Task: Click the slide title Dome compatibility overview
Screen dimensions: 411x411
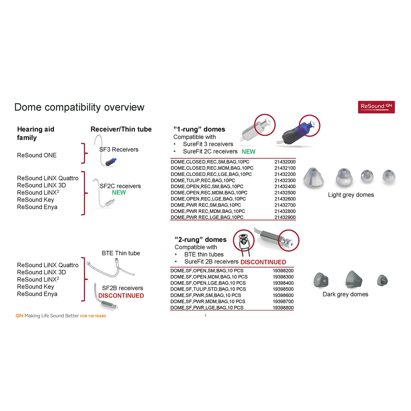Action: click(x=79, y=107)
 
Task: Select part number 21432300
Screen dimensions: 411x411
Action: click(x=285, y=180)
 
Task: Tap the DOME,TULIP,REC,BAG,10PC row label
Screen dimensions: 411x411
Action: click(x=203, y=180)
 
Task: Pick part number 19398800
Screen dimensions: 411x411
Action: click(x=283, y=307)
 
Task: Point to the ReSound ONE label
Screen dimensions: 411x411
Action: click(x=37, y=155)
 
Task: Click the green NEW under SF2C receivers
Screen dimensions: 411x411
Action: click(x=119, y=192)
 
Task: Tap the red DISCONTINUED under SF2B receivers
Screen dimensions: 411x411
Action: click(x=121, y=296)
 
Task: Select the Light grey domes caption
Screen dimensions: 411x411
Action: click(x=351, y=195)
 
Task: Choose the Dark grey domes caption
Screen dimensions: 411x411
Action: click(x=345, y=294)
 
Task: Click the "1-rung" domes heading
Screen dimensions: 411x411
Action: click(x=199, y=129)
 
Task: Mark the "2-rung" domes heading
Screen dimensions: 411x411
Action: click(x=201, y=240)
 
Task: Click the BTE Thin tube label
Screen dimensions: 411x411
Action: click(x=121, y=253)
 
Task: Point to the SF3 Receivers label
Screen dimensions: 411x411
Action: click(x=119, y=150)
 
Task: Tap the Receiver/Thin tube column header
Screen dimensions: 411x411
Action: click(x=121, y=129)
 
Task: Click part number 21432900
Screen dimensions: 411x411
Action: click(x=285, y=217)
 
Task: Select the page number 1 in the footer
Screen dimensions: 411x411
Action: click(x=205, y=315)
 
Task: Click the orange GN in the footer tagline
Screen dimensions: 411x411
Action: click(x=19, y=316)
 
